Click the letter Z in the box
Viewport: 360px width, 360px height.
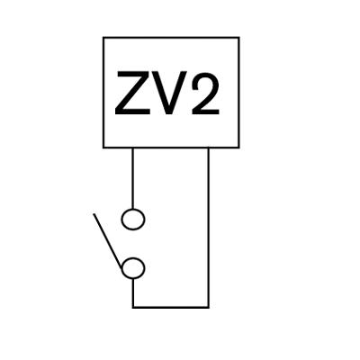click(132, 93)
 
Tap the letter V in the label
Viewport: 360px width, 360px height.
click(169, 93)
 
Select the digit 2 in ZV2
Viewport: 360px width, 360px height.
click(205, 93)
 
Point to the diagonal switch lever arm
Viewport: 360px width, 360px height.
click(108, 241)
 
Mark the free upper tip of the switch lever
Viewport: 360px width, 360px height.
click(94, 214)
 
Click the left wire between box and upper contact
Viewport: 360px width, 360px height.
click(132, 178)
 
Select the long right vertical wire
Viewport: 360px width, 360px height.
click(208, 228)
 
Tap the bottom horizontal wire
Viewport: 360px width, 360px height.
click(170, 307)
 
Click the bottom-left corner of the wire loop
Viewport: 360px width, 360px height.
click(133, 307)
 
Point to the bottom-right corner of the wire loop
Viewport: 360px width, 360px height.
click(208, 307)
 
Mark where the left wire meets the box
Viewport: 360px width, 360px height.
click(132, 148)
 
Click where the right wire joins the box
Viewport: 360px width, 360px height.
click(208, 148)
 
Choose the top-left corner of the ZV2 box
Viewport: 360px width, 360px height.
click(103, 38)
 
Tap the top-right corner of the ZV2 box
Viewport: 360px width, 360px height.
click(238, 38)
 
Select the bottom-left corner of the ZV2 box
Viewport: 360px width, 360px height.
click(103, 148)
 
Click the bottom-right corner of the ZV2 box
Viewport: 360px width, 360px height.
click(238, 148)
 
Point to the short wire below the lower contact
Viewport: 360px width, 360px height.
click(133, 292)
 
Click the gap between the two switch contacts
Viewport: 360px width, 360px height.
click(133, 244)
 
